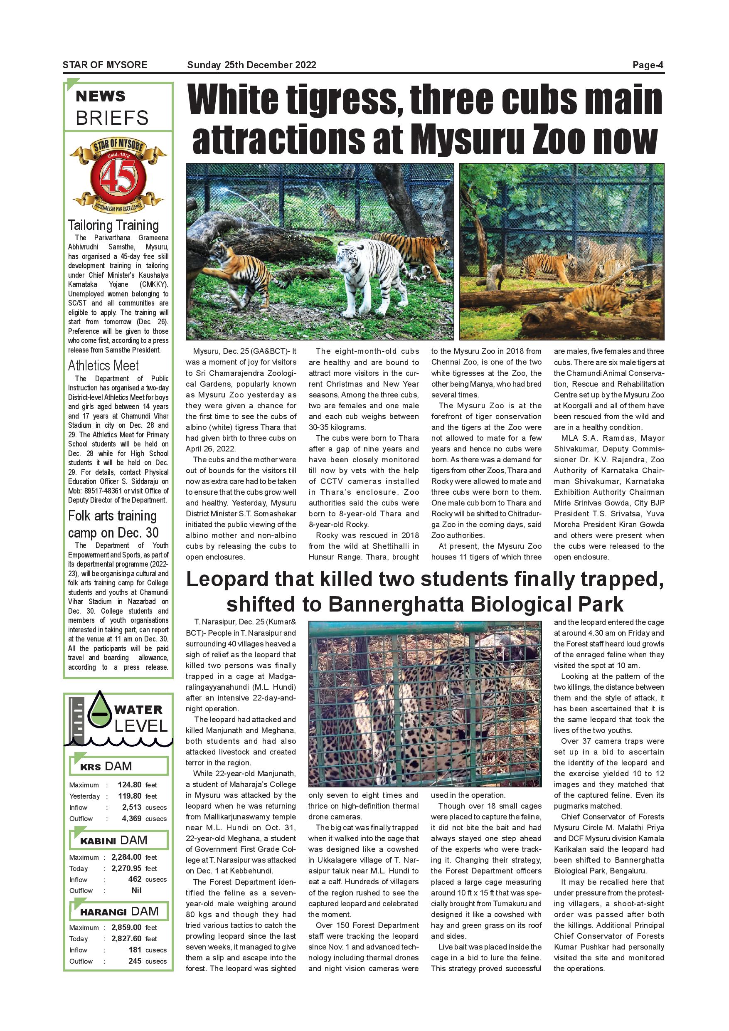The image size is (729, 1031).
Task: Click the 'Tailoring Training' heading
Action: (x=113, y=225)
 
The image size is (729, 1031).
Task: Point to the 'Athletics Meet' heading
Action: (x=103, y=365)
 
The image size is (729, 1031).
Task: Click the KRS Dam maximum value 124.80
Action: (x=130, y=785)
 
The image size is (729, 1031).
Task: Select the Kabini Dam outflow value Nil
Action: (x=136, y=890)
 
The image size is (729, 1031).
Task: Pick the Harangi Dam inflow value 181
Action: (x=135, y=950)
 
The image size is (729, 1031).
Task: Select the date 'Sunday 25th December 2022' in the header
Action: (x=251, y=65)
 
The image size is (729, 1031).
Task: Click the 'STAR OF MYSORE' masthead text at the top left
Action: (x=105, y=65)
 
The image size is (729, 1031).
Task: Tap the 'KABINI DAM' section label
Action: (x=113, y=841)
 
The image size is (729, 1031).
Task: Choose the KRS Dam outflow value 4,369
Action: (x=131, y=819)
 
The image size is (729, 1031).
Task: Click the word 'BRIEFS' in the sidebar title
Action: (x=112, y=118)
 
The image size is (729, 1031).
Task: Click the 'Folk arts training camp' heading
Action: (x=112, y=524)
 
